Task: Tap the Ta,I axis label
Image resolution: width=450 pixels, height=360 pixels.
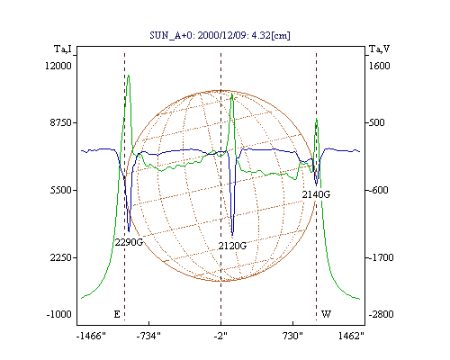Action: pyautogui.click(x=63, y=49)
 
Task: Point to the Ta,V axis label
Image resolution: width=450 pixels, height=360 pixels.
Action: pyautogui.click(x=379, y=49)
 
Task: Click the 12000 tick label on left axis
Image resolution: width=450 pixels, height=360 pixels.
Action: pyautogui.click(x=58, y=66)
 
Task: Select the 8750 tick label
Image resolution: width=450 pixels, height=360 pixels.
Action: pyautogui.click(x=61, y=122)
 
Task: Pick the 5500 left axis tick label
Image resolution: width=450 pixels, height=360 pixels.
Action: pyautogui.click(x=61, y=190)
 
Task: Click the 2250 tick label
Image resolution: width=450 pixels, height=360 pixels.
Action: pyautogui.click(x=61, y=257)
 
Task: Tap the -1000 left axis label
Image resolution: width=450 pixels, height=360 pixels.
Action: pyautogui.click(x=59, y=314)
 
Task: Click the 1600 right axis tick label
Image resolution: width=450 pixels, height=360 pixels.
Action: pyautogui.click(x=380, y=66)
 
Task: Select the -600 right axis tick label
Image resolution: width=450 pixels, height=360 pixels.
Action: pyautogui.click(x=378, y=190)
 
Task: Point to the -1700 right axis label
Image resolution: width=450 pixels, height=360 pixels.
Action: pyautogui.click(x=381, y=257)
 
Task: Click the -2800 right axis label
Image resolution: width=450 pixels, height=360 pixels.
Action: pyautogui.click(x=381, y=314)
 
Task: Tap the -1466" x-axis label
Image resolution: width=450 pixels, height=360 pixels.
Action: pyautogui.click(x=91, y=336)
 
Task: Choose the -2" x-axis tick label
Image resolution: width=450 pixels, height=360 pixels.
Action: pyautogui.click(x=220, y=336)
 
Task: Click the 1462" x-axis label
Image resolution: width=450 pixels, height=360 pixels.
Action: pyautogui.click(x=351, y=336)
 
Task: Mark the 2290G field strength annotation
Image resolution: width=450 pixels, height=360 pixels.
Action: pyautogui.click(x=129, y=242)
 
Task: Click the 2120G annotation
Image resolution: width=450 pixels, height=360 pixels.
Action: pyautogui.click(x=232, y=246)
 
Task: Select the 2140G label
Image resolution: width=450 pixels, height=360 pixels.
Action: pyautogui.click(x=316, y=194)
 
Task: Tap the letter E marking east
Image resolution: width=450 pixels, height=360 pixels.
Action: pyautogui.click(x=117, y=314)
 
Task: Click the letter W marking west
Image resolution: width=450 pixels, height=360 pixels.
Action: pyautogui.click(x=326, y=314)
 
